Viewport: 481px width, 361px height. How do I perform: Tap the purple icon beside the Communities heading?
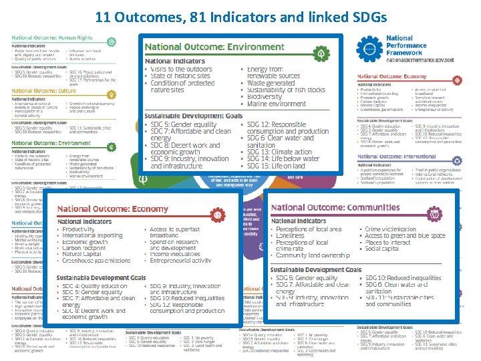point(435,214)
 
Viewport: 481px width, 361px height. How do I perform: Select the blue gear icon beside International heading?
point(457,160)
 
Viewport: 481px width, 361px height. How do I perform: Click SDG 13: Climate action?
point(277,152)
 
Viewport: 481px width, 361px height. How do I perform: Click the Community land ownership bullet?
point(313,255)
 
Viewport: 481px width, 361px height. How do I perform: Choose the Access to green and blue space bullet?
point(405,236)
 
